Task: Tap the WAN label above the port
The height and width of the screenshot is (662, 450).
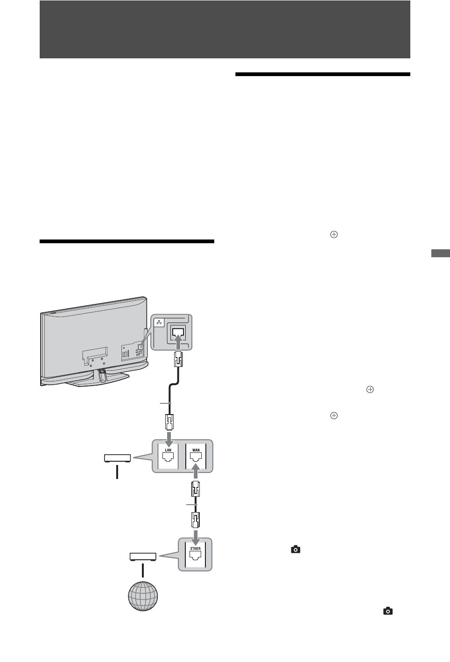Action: (196, 450)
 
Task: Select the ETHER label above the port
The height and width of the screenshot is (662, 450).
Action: (195, 549)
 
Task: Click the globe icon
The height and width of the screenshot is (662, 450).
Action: (143, 596)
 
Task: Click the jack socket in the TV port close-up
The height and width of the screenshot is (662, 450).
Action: (179, 332)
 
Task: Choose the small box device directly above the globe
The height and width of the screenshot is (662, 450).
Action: (143, 556)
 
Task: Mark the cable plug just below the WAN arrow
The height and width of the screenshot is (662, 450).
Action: (196, 489)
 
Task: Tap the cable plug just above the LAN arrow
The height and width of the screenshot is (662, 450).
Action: (169, 423)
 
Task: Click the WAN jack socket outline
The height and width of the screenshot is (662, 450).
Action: (196, 460)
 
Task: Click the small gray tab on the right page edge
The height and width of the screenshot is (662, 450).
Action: (440, 254)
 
